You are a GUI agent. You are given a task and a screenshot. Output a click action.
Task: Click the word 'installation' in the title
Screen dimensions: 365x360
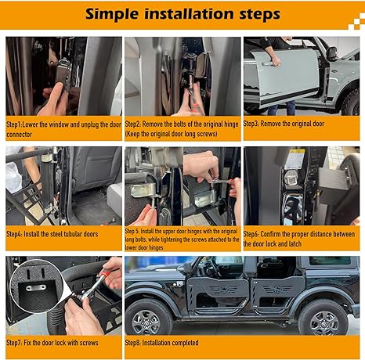(x=189, y=14)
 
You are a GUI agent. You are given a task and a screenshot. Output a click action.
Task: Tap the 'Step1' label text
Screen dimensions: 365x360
(x=14, y=124)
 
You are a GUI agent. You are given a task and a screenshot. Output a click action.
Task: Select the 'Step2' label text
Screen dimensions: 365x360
(x=132, y=124)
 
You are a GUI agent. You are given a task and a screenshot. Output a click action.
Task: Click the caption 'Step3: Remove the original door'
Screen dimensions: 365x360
(x=284, y=124)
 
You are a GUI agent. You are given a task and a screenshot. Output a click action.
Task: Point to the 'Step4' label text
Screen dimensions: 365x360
(x=13, y=234)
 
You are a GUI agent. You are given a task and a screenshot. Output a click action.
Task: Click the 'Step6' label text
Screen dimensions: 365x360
(x=251, y=234)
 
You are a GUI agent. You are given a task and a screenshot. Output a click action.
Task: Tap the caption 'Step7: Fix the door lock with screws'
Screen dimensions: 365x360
(x=52, y=343)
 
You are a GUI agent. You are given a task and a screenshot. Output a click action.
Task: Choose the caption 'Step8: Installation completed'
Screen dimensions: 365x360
(x=161, y=343)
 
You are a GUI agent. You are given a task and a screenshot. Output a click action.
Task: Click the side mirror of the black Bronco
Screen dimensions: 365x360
(x=186, y=268)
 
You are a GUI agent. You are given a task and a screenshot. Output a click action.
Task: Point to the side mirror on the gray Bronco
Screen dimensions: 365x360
(x=332, y=53)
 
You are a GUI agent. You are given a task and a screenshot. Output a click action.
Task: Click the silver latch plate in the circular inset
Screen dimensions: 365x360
(x=36, y=288)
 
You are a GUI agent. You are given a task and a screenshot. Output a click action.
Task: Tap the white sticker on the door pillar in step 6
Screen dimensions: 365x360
(x=295, y=159)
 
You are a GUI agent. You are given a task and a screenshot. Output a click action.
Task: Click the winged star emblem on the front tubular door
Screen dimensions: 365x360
(x=224, y=290)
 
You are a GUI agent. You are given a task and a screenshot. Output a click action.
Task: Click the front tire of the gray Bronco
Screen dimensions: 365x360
(x=351, y=103)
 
